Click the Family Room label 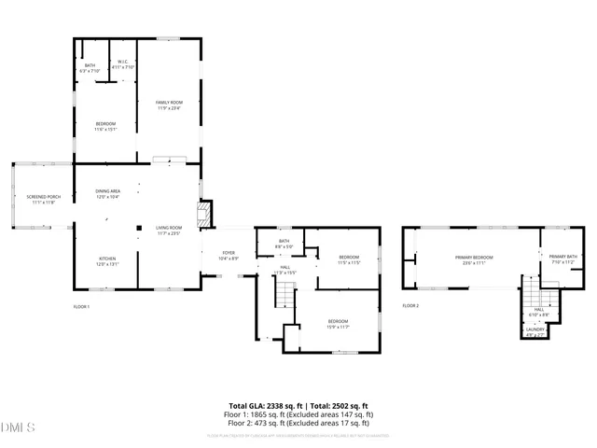coord(169,104)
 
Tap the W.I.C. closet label coord(123,65)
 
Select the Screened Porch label coord(42,199)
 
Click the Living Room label coord(168,230)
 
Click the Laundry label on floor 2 coord(535,330)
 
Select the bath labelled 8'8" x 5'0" coord(283,244)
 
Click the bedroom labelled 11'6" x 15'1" coord(105,126)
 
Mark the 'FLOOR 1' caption coord(82,306)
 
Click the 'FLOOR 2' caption coord(410,306)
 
